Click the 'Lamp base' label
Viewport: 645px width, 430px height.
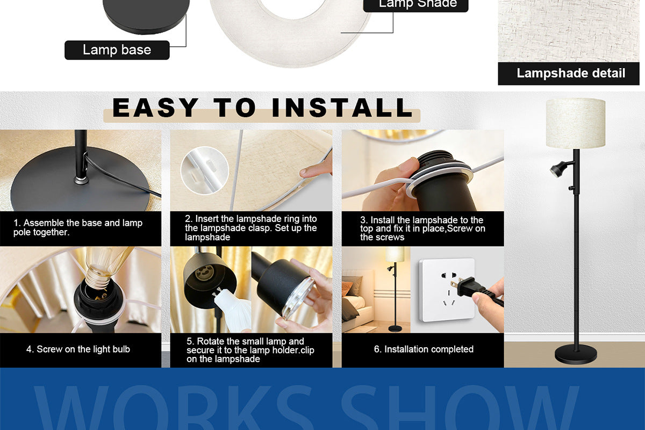(x=117, y=50)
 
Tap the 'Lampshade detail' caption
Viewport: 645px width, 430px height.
(x=571, y=73)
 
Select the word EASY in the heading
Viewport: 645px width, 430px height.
(x=155, y=107)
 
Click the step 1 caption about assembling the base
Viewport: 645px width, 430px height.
(x=78, y=227)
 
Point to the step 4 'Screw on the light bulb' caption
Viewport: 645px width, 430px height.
(x=78, y=349)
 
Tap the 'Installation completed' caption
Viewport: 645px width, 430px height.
(x=424, y=349)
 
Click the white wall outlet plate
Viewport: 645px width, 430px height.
(x=447, y=290)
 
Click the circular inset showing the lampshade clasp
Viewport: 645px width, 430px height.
(x=205, y=170)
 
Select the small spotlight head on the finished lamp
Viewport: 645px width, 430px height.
(x=558, y=169)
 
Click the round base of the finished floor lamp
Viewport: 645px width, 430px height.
(x=576, y=354)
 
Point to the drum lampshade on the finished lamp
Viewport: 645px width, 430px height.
(x=576, y=123)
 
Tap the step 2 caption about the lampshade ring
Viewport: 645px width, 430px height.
(x=251, y=228)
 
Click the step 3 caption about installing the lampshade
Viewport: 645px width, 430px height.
(x=422, y=228)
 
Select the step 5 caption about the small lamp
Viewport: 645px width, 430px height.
(x=250, y=350)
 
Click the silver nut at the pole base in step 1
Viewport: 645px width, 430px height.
(x=80, y=180)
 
